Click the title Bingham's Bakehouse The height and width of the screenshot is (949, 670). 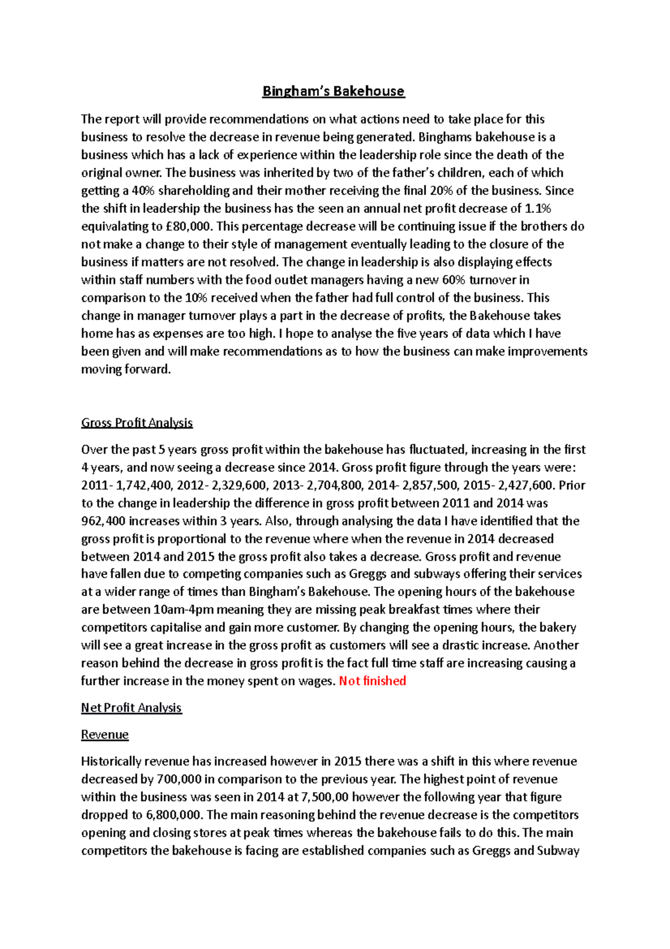(333, 91)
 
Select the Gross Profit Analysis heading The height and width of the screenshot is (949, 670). (137, 423)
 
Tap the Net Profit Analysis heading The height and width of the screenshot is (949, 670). (131, 708)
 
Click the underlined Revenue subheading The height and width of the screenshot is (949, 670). (105, 734)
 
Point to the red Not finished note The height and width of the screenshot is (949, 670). (372, 681)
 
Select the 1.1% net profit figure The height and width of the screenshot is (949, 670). (538, 208)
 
